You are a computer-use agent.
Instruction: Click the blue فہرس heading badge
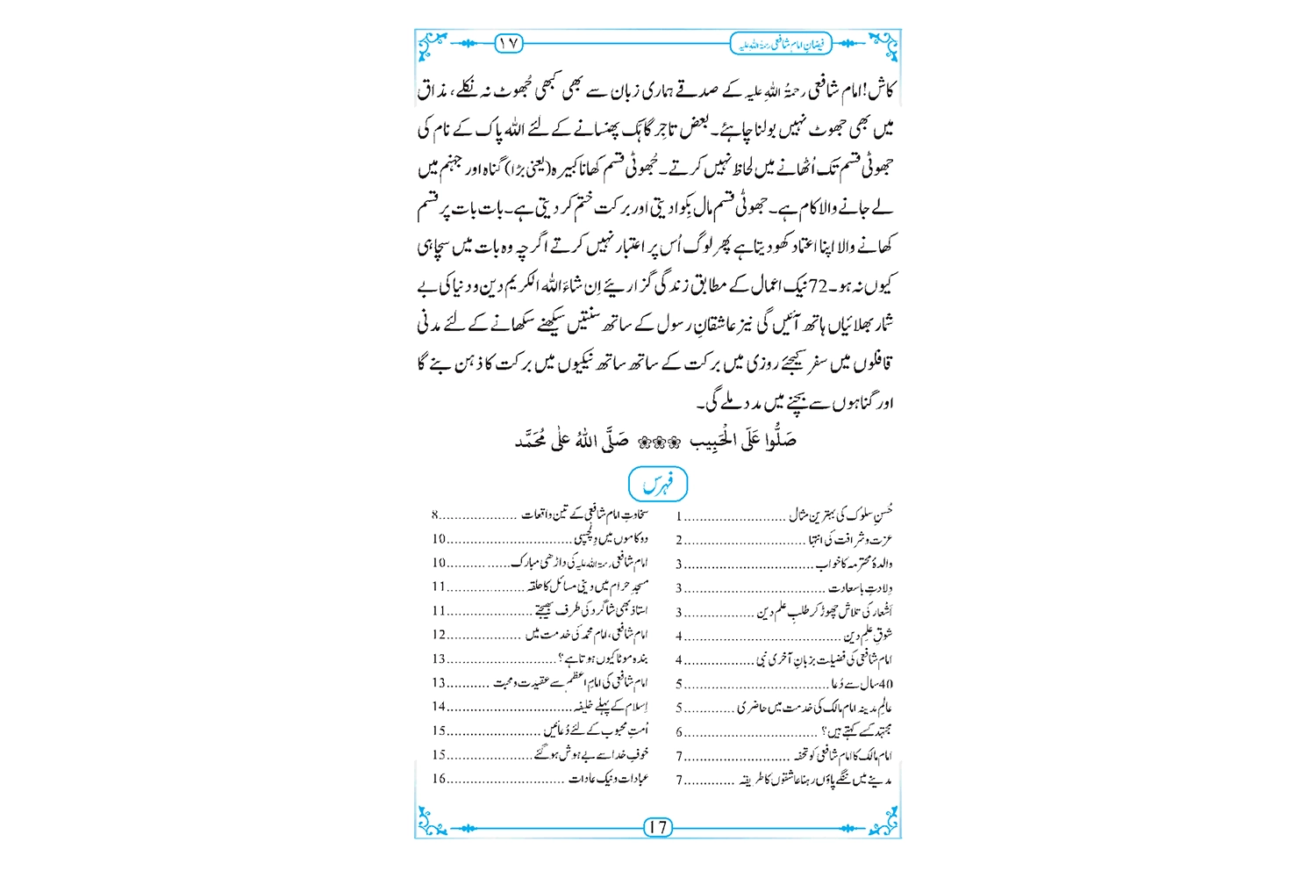658,485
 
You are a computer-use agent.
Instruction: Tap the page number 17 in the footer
658,827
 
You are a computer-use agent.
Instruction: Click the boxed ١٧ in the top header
509,42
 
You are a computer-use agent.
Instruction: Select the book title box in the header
781,42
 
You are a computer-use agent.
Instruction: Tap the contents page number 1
679,516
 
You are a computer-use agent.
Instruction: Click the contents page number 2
679,540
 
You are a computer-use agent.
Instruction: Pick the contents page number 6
679,731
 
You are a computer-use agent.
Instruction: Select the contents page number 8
434,515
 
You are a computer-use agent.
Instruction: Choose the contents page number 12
439,634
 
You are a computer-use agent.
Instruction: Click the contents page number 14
439,707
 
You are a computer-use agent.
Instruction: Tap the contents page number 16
439,779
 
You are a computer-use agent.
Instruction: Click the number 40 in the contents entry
885,683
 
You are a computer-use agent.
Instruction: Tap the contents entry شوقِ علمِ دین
868,635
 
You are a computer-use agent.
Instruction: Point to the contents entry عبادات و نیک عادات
609,779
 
